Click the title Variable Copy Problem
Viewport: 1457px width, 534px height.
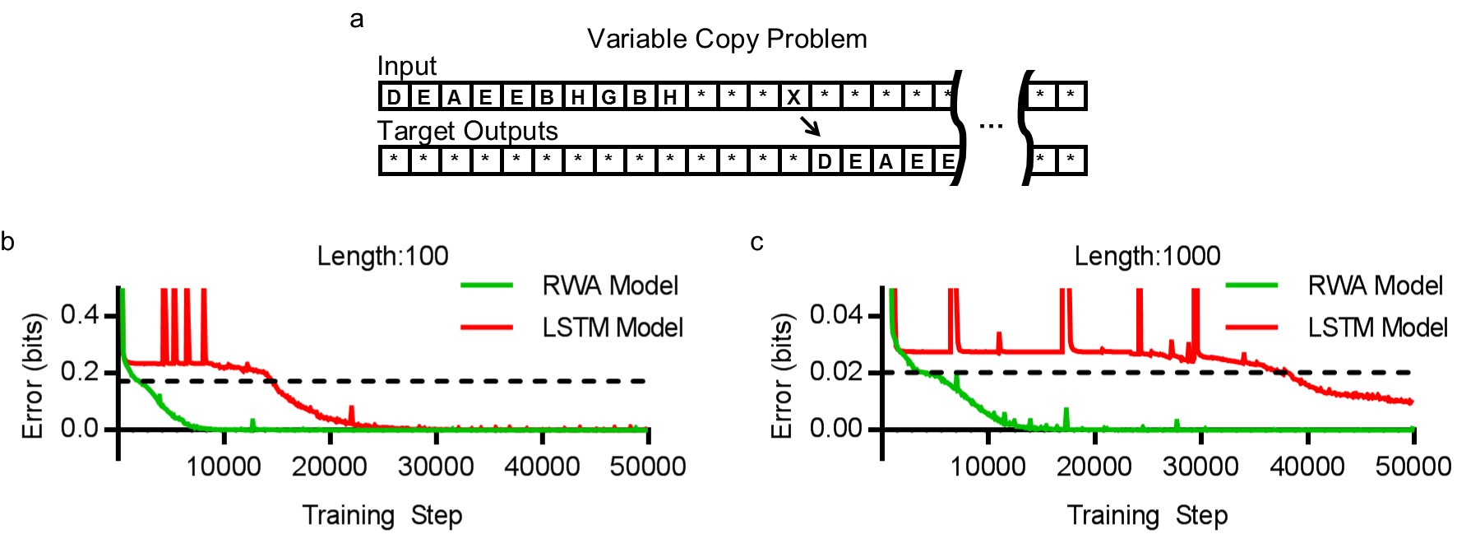[x=727, y=39]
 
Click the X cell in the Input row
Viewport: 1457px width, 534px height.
[x=793, y=97]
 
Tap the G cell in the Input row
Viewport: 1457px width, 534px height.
[x=608, y=97]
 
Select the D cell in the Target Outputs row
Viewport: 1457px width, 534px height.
[x=824, y=161]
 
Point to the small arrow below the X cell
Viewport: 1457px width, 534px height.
[x=810, y=126]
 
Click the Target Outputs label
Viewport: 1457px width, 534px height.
[x=467, y=131]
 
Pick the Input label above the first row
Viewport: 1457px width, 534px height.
[x=406, y=66]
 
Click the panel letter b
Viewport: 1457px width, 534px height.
[x=7, y=241]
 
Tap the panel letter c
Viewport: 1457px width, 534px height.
[x=756, y=242]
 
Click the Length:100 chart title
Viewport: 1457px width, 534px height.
[x=382, y=256]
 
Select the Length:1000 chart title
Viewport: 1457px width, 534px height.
[x=1147, y=256]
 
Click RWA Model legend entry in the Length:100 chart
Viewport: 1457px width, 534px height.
[x=609, y=286]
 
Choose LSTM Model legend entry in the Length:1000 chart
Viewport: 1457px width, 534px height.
[x=1376, y=327]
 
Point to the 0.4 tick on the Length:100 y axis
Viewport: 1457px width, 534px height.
[x=79, y=314]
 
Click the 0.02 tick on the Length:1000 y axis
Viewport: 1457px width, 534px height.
[x=836, y=372]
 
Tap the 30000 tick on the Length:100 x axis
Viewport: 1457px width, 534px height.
[x=435, y=467]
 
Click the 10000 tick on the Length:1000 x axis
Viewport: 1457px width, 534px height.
[x=988, y=467]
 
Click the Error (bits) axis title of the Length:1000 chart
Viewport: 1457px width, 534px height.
[x=781, y=375]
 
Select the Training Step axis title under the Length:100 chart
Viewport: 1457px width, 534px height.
[x=382, y=515]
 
